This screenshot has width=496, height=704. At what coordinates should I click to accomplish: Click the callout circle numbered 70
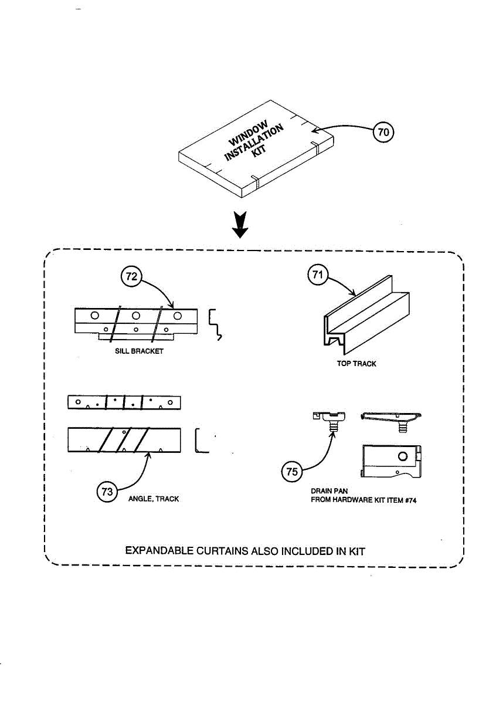coord(383,133)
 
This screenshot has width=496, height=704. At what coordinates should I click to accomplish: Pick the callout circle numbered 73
coord(107,492)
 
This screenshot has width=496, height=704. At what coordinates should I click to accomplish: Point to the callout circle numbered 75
coord(291,471)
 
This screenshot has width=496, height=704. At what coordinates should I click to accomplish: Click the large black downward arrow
coord(240,226)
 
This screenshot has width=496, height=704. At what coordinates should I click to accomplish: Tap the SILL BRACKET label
coord(139,351)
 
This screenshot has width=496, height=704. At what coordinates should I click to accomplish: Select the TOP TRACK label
coord(356,364)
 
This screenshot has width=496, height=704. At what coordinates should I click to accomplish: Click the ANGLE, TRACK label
coord(154,499)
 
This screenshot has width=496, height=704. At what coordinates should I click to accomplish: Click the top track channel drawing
coord(366,317)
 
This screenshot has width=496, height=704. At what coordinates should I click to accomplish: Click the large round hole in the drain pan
coord(402,456)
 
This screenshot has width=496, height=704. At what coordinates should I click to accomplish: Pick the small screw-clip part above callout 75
coord(330,420)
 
